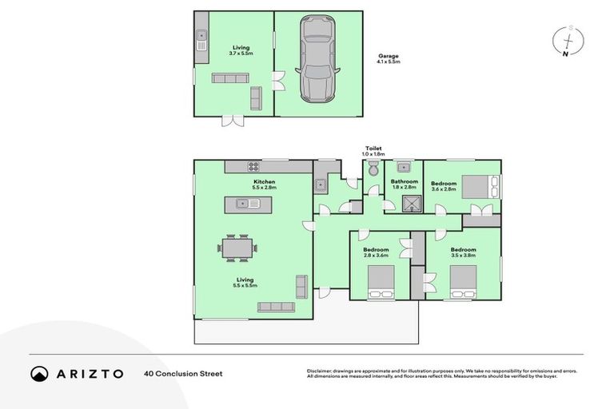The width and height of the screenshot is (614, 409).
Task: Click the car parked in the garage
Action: click(x=317, y=60)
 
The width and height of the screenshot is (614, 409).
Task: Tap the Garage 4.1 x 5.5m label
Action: click(x=389, y=58)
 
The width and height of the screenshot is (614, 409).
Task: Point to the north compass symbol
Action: click(x=567, y=41)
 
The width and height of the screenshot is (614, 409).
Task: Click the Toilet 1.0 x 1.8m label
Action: click(x=373, y=151)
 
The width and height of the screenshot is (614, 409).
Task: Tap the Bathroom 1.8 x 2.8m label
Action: click(x=404, y=185)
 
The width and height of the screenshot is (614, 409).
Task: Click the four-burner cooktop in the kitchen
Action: click(x=253, y=166)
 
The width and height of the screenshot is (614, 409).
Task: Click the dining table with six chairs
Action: click(x=238, y=248)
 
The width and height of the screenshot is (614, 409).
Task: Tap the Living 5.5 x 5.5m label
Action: click(x=245, y=282)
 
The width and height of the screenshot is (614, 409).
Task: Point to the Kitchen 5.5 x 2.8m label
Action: click(x=264, y=185)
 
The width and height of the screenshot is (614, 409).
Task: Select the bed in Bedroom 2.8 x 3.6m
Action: click(x=380, y=282)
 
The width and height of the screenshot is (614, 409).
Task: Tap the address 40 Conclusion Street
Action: click(x=183, y=373)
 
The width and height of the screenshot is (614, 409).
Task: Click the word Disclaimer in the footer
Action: click(x=321, y=371)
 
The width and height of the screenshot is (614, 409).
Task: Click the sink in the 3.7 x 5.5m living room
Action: click(x=202, y=35)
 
